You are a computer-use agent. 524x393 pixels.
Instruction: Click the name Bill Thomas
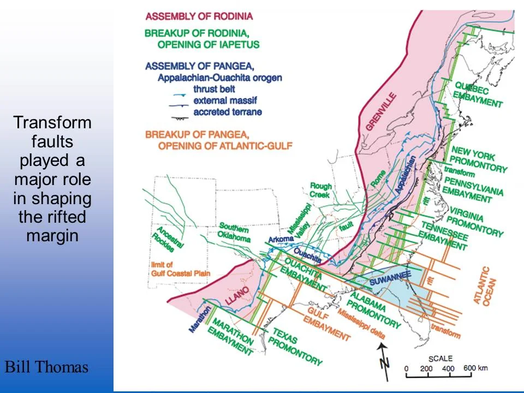[x=46, y=367]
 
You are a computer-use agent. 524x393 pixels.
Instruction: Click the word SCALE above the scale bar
[x=440, y=358]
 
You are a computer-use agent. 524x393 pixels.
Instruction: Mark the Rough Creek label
[x=320, y=190]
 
